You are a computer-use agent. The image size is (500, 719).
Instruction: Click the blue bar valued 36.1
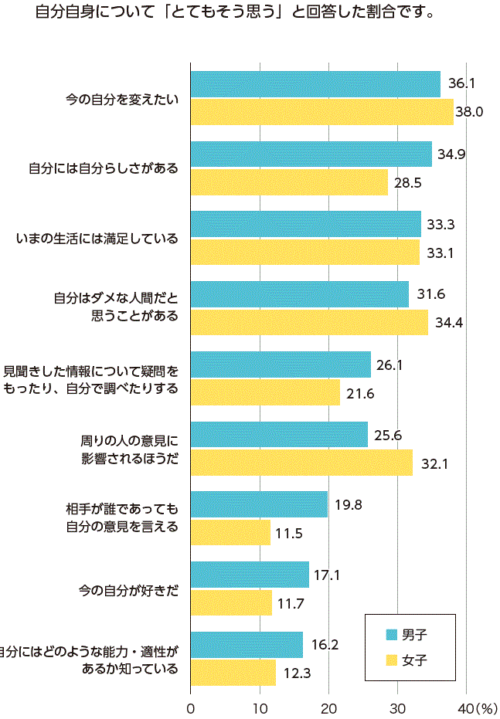click(315, 84)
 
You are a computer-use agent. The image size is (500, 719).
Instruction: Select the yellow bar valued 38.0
click(322, 112)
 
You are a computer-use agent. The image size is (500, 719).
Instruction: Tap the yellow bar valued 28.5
click(289, 182)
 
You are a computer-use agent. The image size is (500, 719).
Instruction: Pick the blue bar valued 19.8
click(259, 504)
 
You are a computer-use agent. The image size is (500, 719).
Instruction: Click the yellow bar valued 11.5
click(230, 533)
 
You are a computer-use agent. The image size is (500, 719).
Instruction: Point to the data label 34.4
click(448, 323)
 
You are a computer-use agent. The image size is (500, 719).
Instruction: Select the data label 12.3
click(297, 673)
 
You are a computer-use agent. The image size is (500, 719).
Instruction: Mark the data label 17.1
click(328, 575)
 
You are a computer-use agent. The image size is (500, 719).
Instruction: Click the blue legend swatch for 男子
click(392, 635)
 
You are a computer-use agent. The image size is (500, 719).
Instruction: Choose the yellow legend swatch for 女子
click(392, 660)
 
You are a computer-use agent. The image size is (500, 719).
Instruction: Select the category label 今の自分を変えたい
click(121, 98)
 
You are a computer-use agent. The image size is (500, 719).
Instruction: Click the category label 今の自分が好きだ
click(128, 589)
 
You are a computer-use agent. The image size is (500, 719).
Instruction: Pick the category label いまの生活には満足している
click(97, 239)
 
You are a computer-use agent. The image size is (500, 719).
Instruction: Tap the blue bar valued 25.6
click(279, 435)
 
